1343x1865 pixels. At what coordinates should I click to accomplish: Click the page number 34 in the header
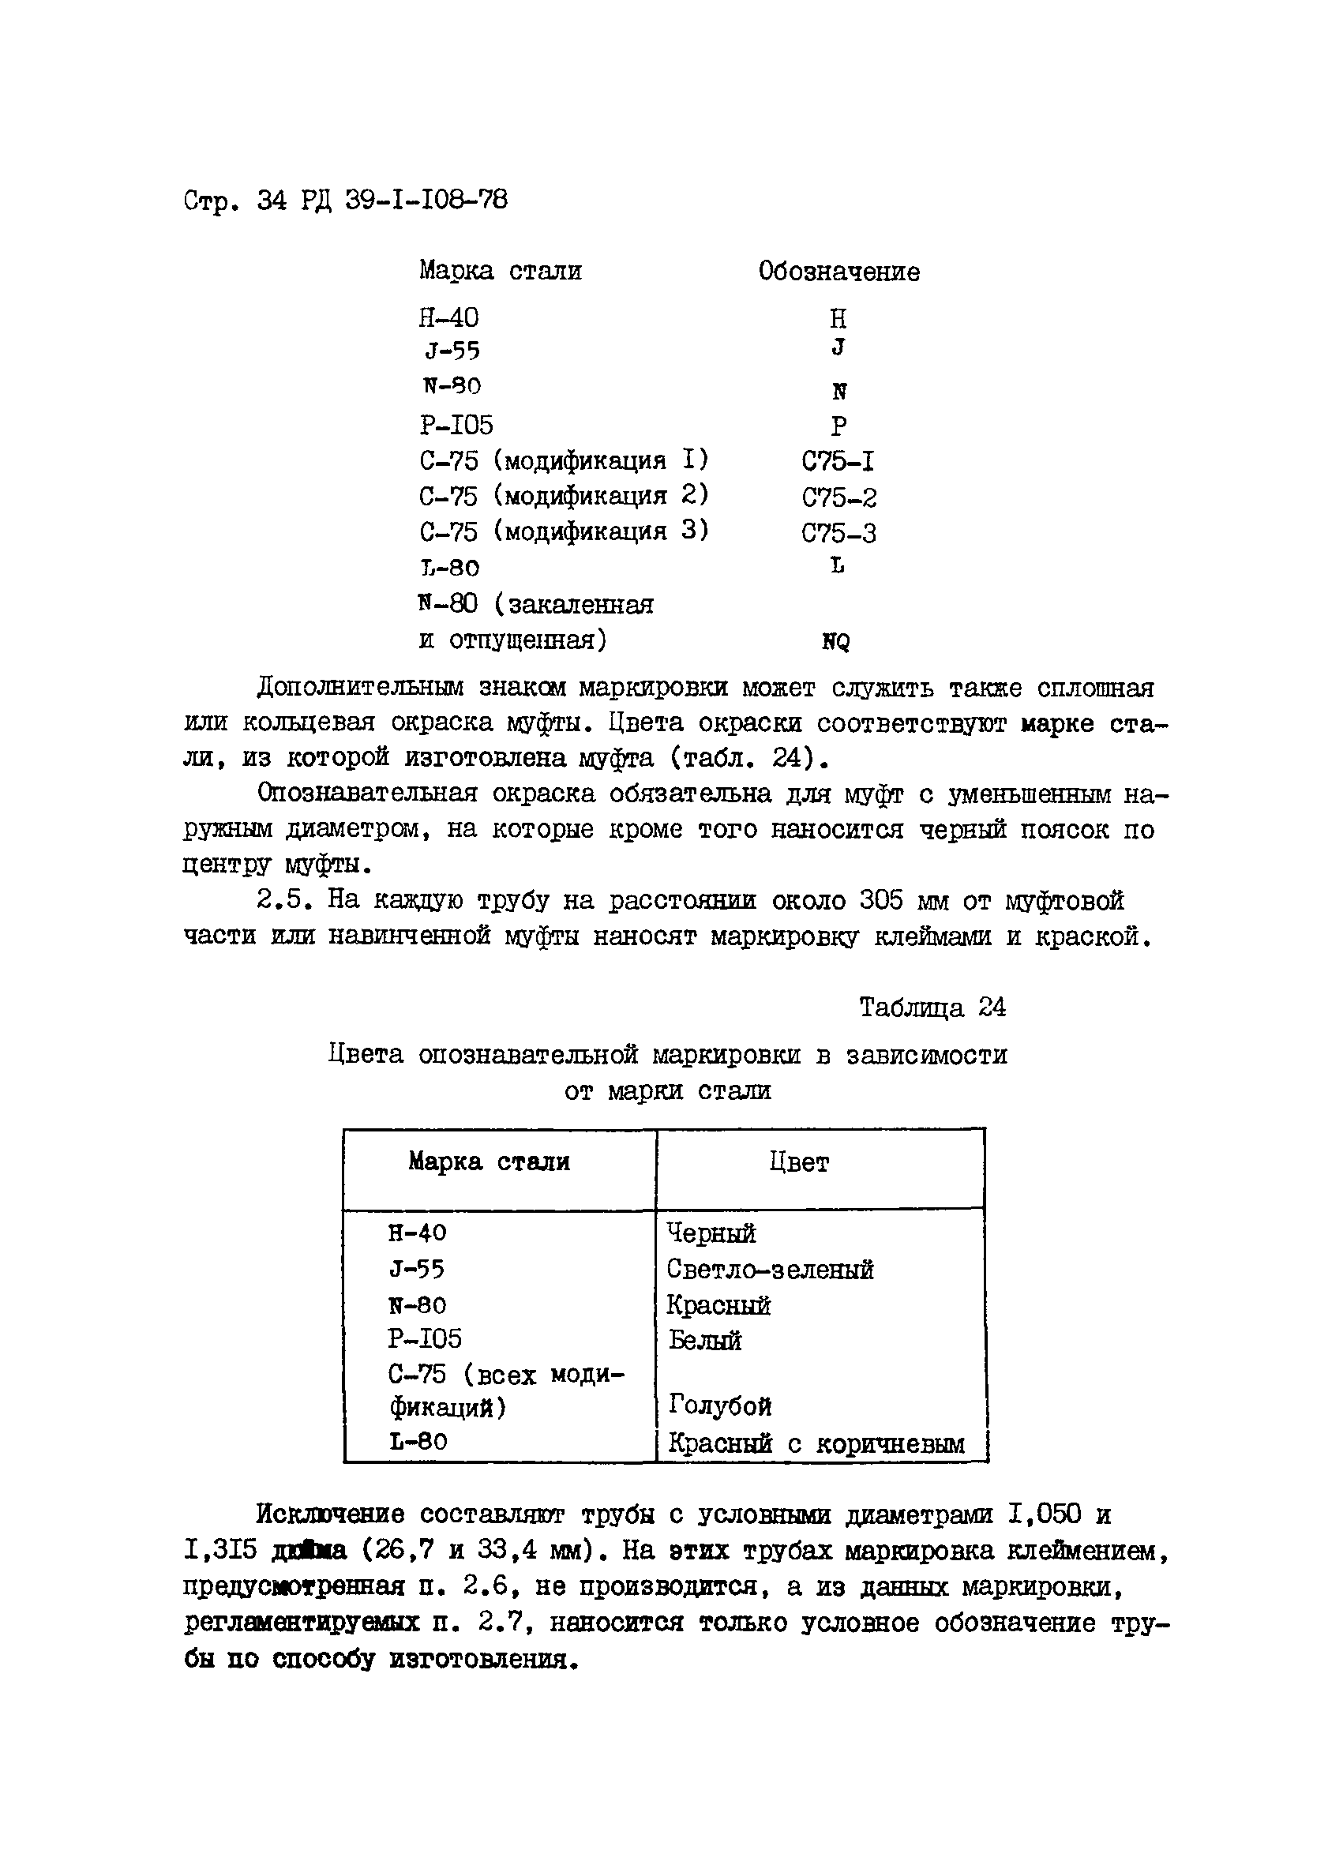pos(271,200)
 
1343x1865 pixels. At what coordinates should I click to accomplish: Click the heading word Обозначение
pos(838,272)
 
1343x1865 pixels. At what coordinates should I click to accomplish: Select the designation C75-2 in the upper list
pos(838,497)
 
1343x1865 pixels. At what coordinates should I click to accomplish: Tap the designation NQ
pos(835,642)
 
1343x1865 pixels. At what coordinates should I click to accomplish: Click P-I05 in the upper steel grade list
pos(456,425)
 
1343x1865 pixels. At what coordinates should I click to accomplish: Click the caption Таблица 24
pos(932,1008)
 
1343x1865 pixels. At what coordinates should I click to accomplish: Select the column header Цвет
pos(798,1162)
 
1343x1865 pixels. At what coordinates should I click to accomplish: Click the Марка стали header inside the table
pos(489,1162)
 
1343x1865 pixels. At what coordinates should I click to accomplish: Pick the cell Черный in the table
pos(711,1233)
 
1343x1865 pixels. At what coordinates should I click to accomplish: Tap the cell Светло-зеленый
pos(769,1270)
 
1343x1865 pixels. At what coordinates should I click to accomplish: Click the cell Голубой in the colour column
pos(719,1405)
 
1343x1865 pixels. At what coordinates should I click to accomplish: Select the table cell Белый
pos(705,1341)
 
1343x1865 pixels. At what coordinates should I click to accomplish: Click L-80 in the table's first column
pos(418,1442)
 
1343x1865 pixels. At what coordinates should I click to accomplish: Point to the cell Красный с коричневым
pos(815,1443)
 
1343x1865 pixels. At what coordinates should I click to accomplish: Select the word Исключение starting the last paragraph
pos(330,1514)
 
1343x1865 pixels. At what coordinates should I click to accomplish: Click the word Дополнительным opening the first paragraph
pos(360,688)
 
